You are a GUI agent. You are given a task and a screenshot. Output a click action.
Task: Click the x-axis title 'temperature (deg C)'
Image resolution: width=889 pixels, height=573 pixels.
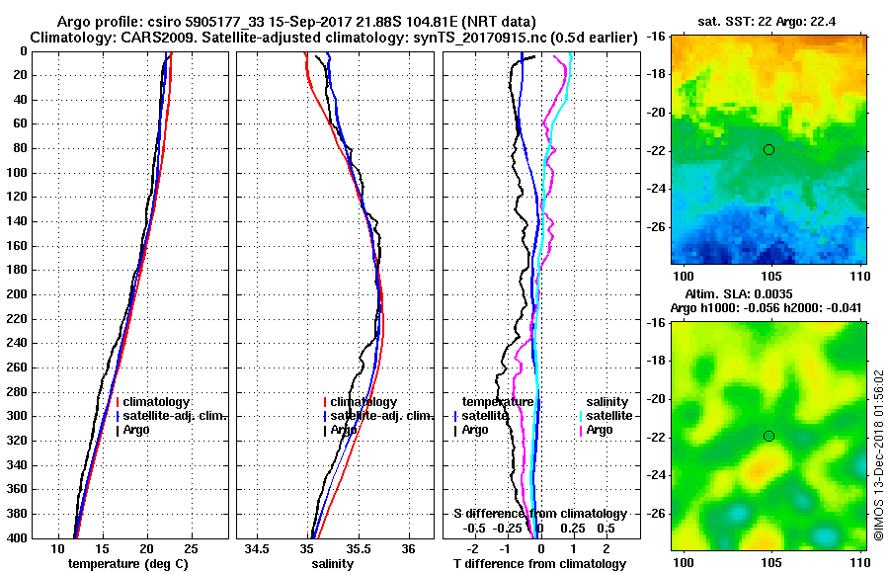point(127,564)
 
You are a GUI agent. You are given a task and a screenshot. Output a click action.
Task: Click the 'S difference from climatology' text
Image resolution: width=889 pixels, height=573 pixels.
point(539,514)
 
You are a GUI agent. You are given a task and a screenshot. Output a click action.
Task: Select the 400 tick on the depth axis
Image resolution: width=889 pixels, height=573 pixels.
point(19,538)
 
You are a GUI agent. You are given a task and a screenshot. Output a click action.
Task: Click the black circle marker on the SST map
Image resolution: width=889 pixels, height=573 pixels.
point(768,149)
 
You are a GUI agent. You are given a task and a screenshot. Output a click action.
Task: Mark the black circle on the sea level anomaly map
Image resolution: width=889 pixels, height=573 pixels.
point(768,436)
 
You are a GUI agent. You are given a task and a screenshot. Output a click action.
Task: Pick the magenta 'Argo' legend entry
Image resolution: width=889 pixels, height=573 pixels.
point(600,430)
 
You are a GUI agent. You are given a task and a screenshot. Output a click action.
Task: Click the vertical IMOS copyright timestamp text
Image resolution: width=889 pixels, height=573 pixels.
point(878,454)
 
